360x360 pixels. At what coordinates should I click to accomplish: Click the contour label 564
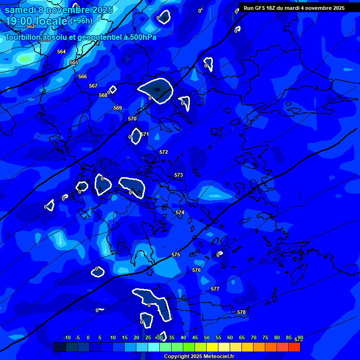(x=61, y=52)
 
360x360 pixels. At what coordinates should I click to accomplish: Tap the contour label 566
(x=82, y=76)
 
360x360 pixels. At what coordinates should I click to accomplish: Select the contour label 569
(x=118, y=108)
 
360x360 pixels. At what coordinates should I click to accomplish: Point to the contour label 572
(x=164, y=152)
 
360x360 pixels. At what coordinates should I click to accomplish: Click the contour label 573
(x=179, y=175)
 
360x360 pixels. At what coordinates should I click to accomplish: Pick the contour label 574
(x=180, y=213)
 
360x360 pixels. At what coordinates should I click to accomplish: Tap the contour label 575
(x=176, y=255)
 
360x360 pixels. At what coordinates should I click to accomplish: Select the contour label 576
(x=196, y=270)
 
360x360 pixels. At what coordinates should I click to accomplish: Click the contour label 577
(x=215, y=289)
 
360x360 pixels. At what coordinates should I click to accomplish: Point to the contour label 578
(x=241, y=313)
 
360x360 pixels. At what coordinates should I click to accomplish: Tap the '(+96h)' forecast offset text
(x=81, y=21)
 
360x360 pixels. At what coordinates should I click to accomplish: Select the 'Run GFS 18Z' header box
(x=294, y=8)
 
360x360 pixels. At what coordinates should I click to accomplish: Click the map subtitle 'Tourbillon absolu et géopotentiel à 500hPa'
(x=81, y=37)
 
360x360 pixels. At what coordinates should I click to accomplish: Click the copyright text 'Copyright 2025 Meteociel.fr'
(x=199, y=357)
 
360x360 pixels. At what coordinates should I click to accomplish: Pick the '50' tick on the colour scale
(x=207, y=338)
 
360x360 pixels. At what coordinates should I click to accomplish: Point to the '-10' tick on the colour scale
(x=67, y=338)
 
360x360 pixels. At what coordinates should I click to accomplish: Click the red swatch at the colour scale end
(x=294, y=347)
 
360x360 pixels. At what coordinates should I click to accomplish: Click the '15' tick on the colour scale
(x=125, y=338)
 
